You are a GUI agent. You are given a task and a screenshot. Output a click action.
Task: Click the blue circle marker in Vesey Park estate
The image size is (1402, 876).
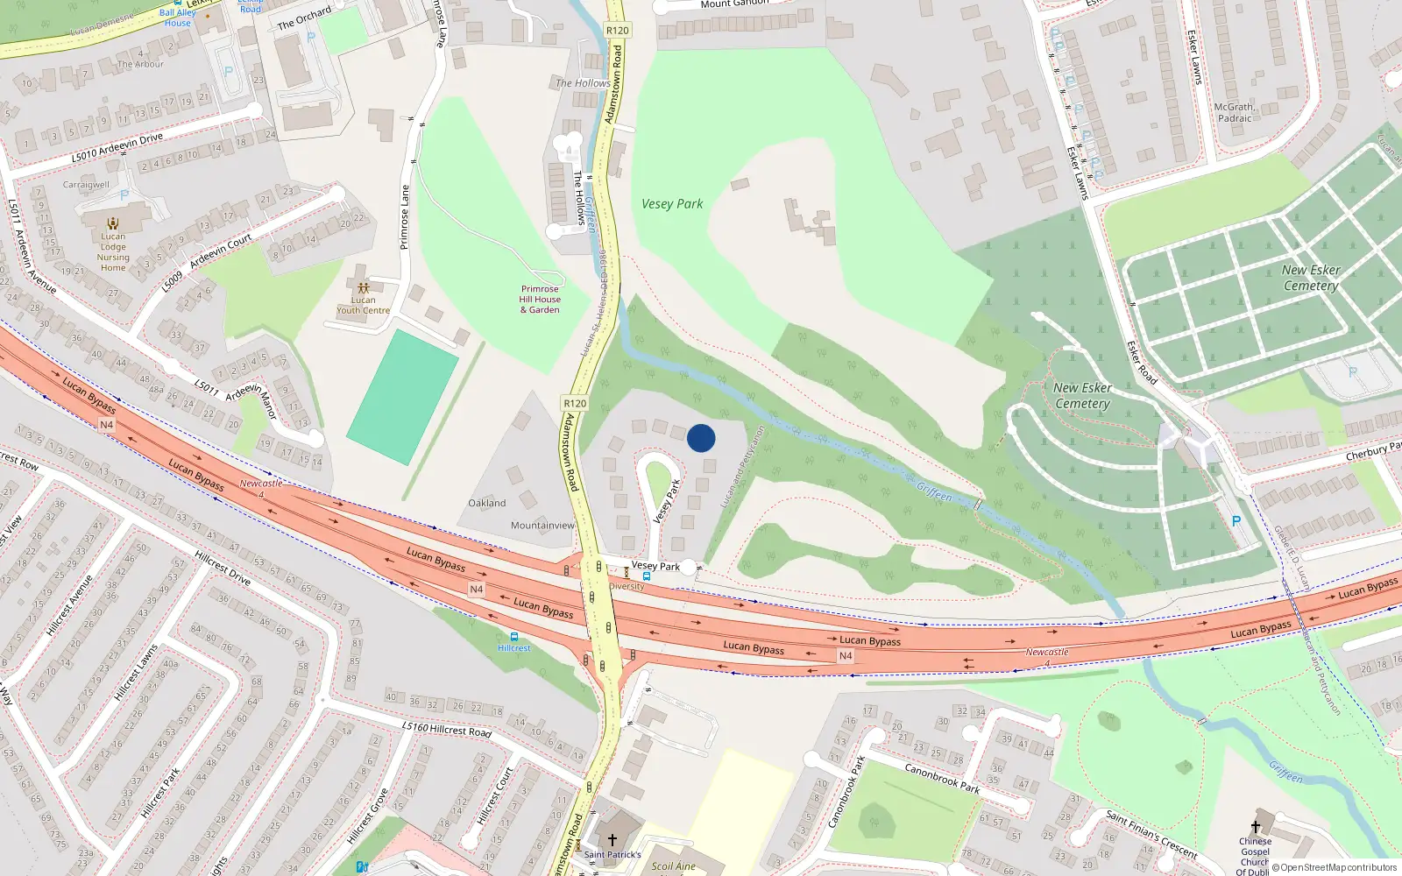[701, 438]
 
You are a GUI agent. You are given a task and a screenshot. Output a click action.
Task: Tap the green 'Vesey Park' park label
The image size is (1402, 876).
[672, 204]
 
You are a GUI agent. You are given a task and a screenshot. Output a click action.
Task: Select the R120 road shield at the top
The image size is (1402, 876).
[617, 30]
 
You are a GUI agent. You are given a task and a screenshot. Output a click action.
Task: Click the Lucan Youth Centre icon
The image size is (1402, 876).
[363, 287]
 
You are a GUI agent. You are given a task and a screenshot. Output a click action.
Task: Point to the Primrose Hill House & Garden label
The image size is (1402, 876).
[540, 299]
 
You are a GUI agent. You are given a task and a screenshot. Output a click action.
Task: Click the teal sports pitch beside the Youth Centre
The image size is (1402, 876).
[403, 396]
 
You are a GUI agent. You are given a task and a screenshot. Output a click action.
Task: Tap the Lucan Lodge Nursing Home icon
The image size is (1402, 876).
[112, 223]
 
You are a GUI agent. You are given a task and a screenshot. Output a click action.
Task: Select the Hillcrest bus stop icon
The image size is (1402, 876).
[513, 637]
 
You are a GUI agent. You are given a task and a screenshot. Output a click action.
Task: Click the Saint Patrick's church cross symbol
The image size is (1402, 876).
[612, 839]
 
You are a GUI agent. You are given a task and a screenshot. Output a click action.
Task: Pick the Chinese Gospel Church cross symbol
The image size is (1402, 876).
[1255, 826]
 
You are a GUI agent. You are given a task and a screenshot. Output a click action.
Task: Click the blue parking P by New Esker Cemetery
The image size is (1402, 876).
[1236, 520]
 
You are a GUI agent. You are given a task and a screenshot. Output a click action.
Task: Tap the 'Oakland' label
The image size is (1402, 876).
[486, 503]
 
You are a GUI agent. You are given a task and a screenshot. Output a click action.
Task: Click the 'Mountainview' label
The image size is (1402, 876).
[542, 526]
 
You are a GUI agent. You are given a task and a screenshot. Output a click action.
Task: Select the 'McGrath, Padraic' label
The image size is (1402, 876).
[1234, 112]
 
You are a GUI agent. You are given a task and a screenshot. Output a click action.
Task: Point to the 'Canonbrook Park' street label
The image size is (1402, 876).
[942, 778]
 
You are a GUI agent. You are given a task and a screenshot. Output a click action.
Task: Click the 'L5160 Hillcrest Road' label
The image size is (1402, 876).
[446, 729]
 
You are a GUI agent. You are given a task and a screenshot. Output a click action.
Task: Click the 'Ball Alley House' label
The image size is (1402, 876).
[178, 18]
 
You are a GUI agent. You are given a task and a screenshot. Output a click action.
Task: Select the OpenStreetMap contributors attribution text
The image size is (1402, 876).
[1335, 867]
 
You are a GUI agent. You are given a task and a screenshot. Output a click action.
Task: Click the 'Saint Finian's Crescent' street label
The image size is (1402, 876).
[1151, 835]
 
